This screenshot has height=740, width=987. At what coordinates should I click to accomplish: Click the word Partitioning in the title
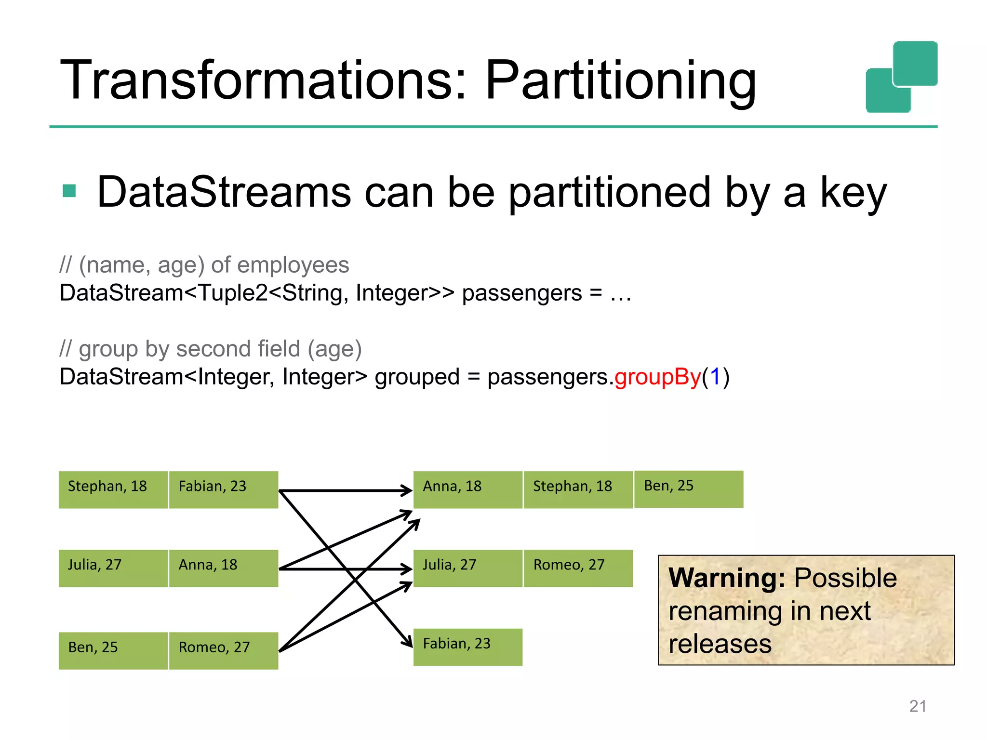620,81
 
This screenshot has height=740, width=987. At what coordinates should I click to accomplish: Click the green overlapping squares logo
901,77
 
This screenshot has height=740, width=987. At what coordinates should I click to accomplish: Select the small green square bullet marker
69,191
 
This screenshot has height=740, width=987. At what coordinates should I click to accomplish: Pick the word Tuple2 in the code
233,293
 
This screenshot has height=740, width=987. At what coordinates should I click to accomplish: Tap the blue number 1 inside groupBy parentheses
715,377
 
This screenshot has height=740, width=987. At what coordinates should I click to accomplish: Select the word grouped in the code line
417,377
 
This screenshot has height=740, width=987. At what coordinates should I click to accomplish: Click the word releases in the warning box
720,644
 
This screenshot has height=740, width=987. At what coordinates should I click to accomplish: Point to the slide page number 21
918,706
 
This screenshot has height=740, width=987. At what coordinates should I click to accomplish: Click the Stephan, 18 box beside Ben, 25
578,489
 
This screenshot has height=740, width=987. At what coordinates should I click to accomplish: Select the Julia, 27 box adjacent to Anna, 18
113,568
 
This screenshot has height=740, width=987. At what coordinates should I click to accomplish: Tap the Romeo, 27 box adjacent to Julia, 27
578,568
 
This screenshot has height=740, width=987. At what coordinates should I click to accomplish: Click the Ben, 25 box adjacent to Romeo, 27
113,650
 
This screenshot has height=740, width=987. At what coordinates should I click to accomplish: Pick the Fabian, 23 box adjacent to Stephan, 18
224,489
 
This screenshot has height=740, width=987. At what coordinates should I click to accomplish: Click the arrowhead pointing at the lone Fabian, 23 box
409,643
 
